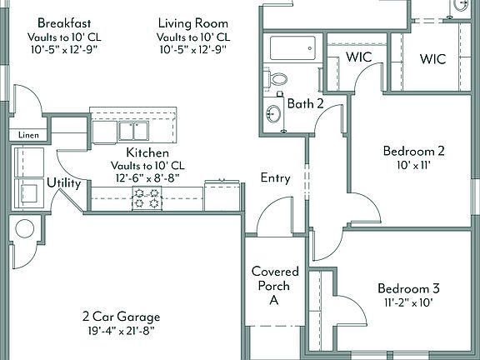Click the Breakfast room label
pyautogui.click(x=64, y=22)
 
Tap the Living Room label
pyautogui.click(x=193, y=22)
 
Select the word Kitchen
pyautogui.click(x=148, y=153)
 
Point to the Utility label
pyautogui.click(x=64, y=183)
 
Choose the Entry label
pyautogui.click(x=275, y=177)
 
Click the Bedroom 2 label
pyautogui.click(x=413, y=151)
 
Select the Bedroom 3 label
pyautogui.click(x=407, y=289)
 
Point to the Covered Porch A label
pyautogui.click(x=271, y=286)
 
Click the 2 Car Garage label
pyautogui.click(x=121, y=317)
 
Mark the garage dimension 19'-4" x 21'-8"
pyautogui.click(x=121, y=330)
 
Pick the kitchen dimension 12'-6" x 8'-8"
pyautogui.click(x=148, y=178)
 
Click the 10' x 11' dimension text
pyautogui.click(x=413, y=165)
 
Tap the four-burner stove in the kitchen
pyautogui.click(x=147, y=197)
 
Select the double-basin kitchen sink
pyautogui.click(x=129, y=131)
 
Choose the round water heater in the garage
pyautogui.click(x=23, y=228)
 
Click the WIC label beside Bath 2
pyautogui.click(x=358, y=58)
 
